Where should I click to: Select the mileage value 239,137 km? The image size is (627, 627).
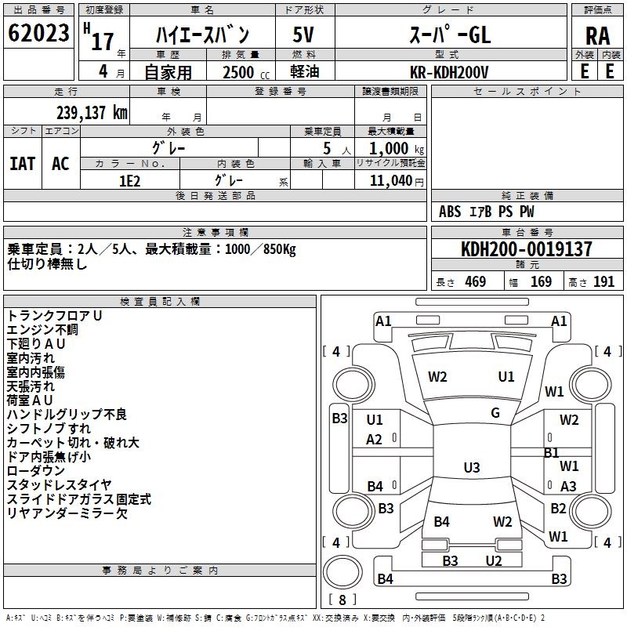point(91,113)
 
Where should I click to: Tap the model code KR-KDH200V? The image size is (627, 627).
point(450,71)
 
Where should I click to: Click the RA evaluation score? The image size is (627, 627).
point(597,35)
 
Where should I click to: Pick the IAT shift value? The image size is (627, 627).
point(22,164)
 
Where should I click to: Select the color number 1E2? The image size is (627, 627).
point(129,179)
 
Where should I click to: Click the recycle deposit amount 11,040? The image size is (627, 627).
point(390,179)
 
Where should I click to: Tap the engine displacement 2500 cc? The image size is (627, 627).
point(238,72)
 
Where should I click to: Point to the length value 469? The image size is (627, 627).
point(475,282)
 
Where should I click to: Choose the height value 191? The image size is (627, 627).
point(603,282)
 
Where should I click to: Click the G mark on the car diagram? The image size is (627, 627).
point(495,413)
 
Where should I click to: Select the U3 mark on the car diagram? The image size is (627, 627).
point(471,468)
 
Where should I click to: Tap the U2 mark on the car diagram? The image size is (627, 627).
point(493,560)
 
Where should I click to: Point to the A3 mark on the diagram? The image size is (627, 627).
point(568,487)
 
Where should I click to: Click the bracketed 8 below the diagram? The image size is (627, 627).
point(342,600)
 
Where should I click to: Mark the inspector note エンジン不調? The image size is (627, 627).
point(42,329)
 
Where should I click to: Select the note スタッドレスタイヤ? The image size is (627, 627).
point(59,484)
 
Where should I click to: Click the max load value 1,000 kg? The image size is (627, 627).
point(391,149)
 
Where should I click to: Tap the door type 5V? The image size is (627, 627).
point(303,34)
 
